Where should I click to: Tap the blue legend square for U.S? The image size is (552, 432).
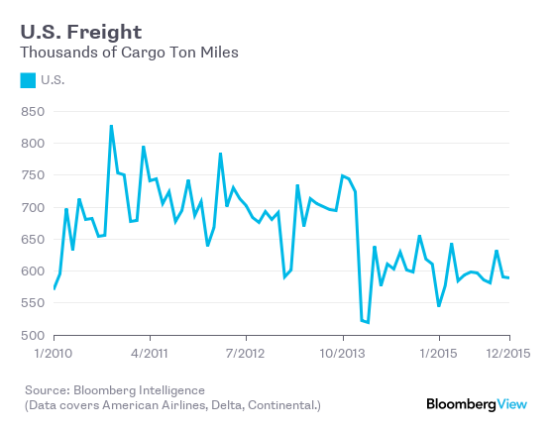point(28,80)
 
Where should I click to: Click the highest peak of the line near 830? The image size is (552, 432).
point(111,126)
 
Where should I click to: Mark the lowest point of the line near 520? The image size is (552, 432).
point(368,322)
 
